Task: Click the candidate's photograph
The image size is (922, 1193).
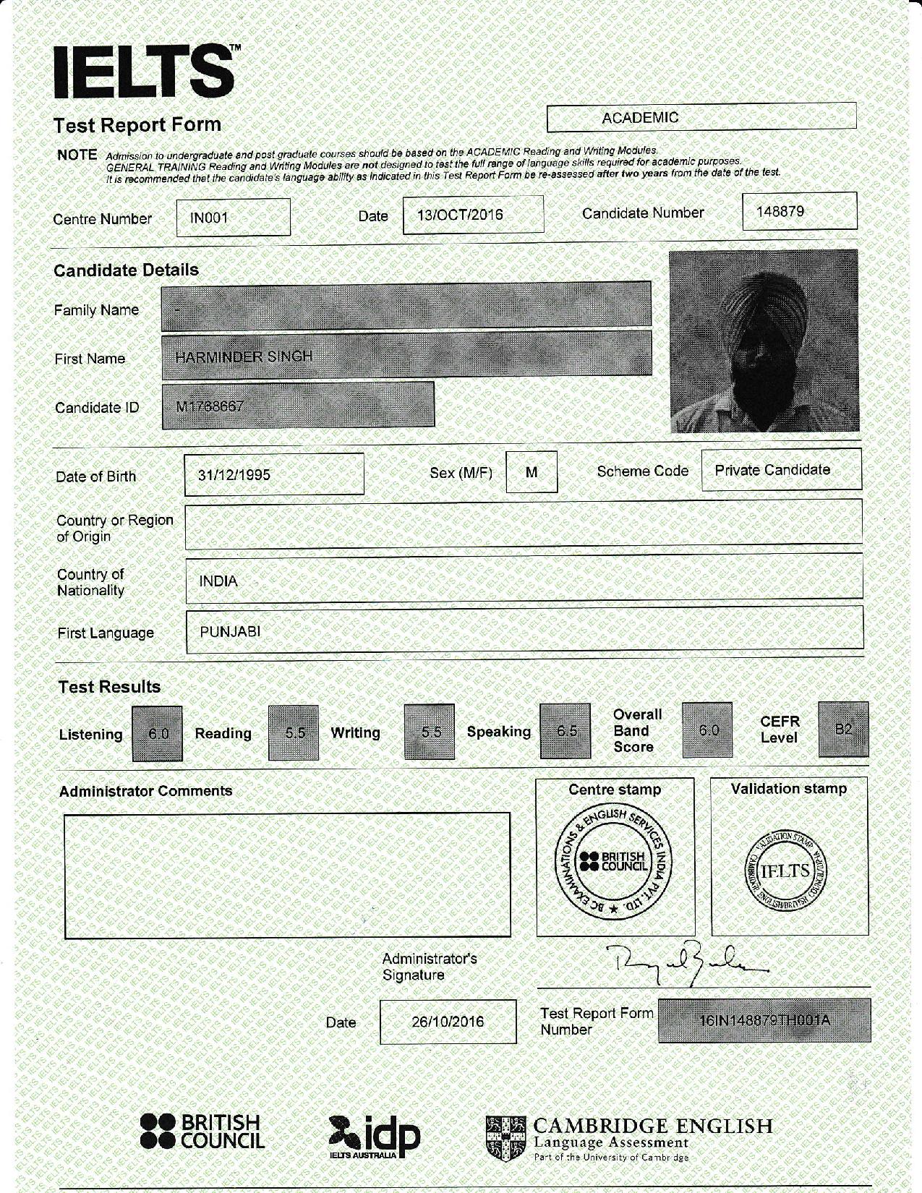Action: (x=764, y=341)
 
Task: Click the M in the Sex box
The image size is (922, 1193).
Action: (x=532, y=472)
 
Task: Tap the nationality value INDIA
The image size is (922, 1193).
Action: (x=218, y=581)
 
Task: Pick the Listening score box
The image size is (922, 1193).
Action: (x=158, y=733)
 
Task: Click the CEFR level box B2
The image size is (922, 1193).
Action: (x=843, y=730)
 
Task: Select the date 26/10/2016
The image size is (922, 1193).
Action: (x=448, y=1022)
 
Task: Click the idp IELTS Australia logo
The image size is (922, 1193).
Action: (x=374, y=1137)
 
